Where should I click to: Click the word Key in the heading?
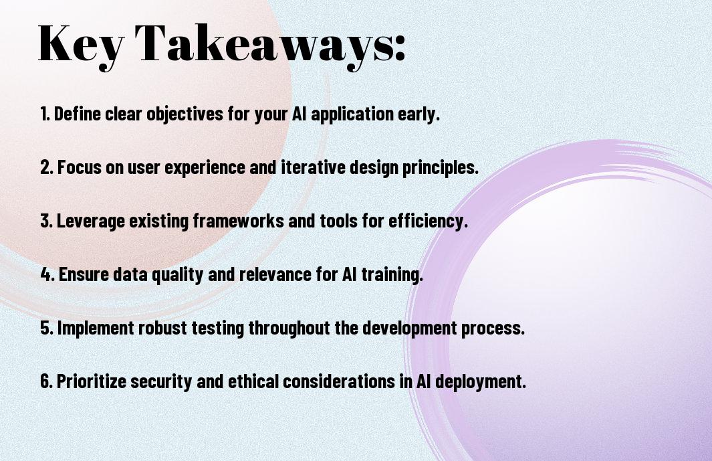tap(81, 44)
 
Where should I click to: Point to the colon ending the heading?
tap(400, 48)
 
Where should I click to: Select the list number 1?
tap(45, 114)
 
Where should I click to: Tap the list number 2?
tap(46, 167)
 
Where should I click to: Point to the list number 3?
tap(46, 221)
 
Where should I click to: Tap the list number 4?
tap(47, 274)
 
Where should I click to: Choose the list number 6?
tap(47, 381)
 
